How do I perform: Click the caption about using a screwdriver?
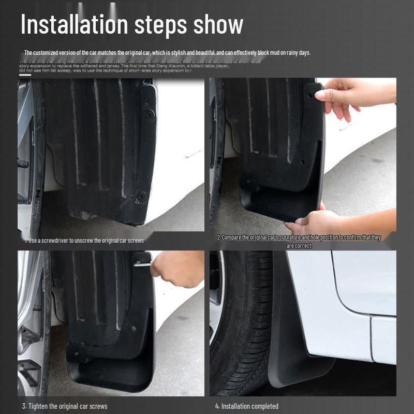[x=84, y=240]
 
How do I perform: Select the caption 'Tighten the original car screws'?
[x=65, y=406]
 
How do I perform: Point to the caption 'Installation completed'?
[x=247, y=406]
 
